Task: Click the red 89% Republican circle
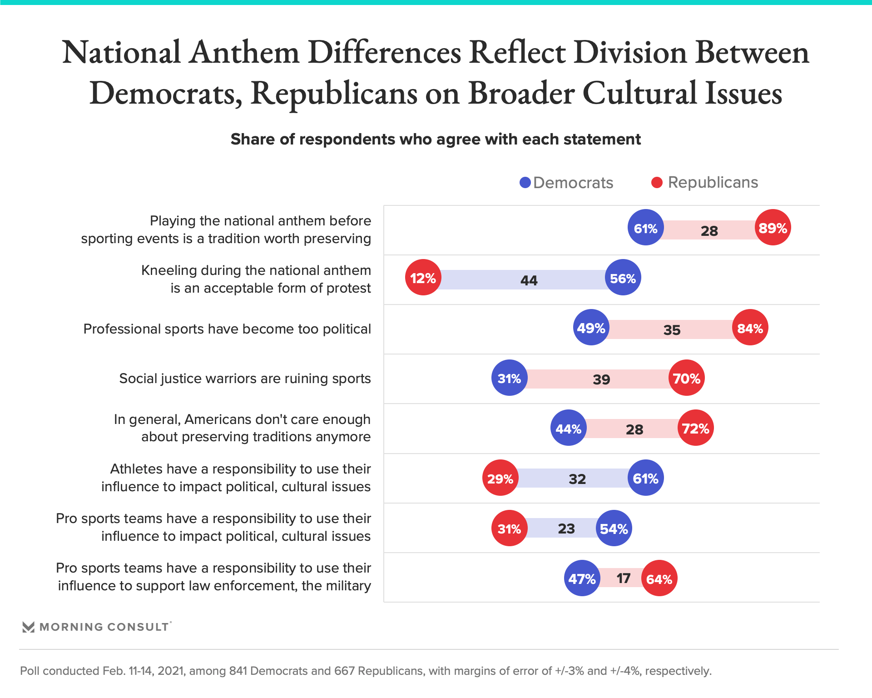[773, 228]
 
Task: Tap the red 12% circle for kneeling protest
[423, 278]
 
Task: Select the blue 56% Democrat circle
[623, 278]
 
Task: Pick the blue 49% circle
[591, 328]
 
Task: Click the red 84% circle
[750, 328]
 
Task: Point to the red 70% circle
[686, 378]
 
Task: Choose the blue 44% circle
[568, 428]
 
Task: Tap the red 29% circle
[500, 478]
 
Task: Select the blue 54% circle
[614, 528]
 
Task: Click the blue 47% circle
[582, 578]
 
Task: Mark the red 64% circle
[659, 578]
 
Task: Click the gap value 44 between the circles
[529, 280]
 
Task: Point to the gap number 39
[601, 379]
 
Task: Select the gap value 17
[623, 578]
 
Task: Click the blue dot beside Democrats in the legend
[525, 183]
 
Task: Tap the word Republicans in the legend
[713, 182]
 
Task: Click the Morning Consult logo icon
[29, 627]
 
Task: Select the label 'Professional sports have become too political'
[227, 329]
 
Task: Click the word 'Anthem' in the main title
[244, 52]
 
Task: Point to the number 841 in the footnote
[238, 671]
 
